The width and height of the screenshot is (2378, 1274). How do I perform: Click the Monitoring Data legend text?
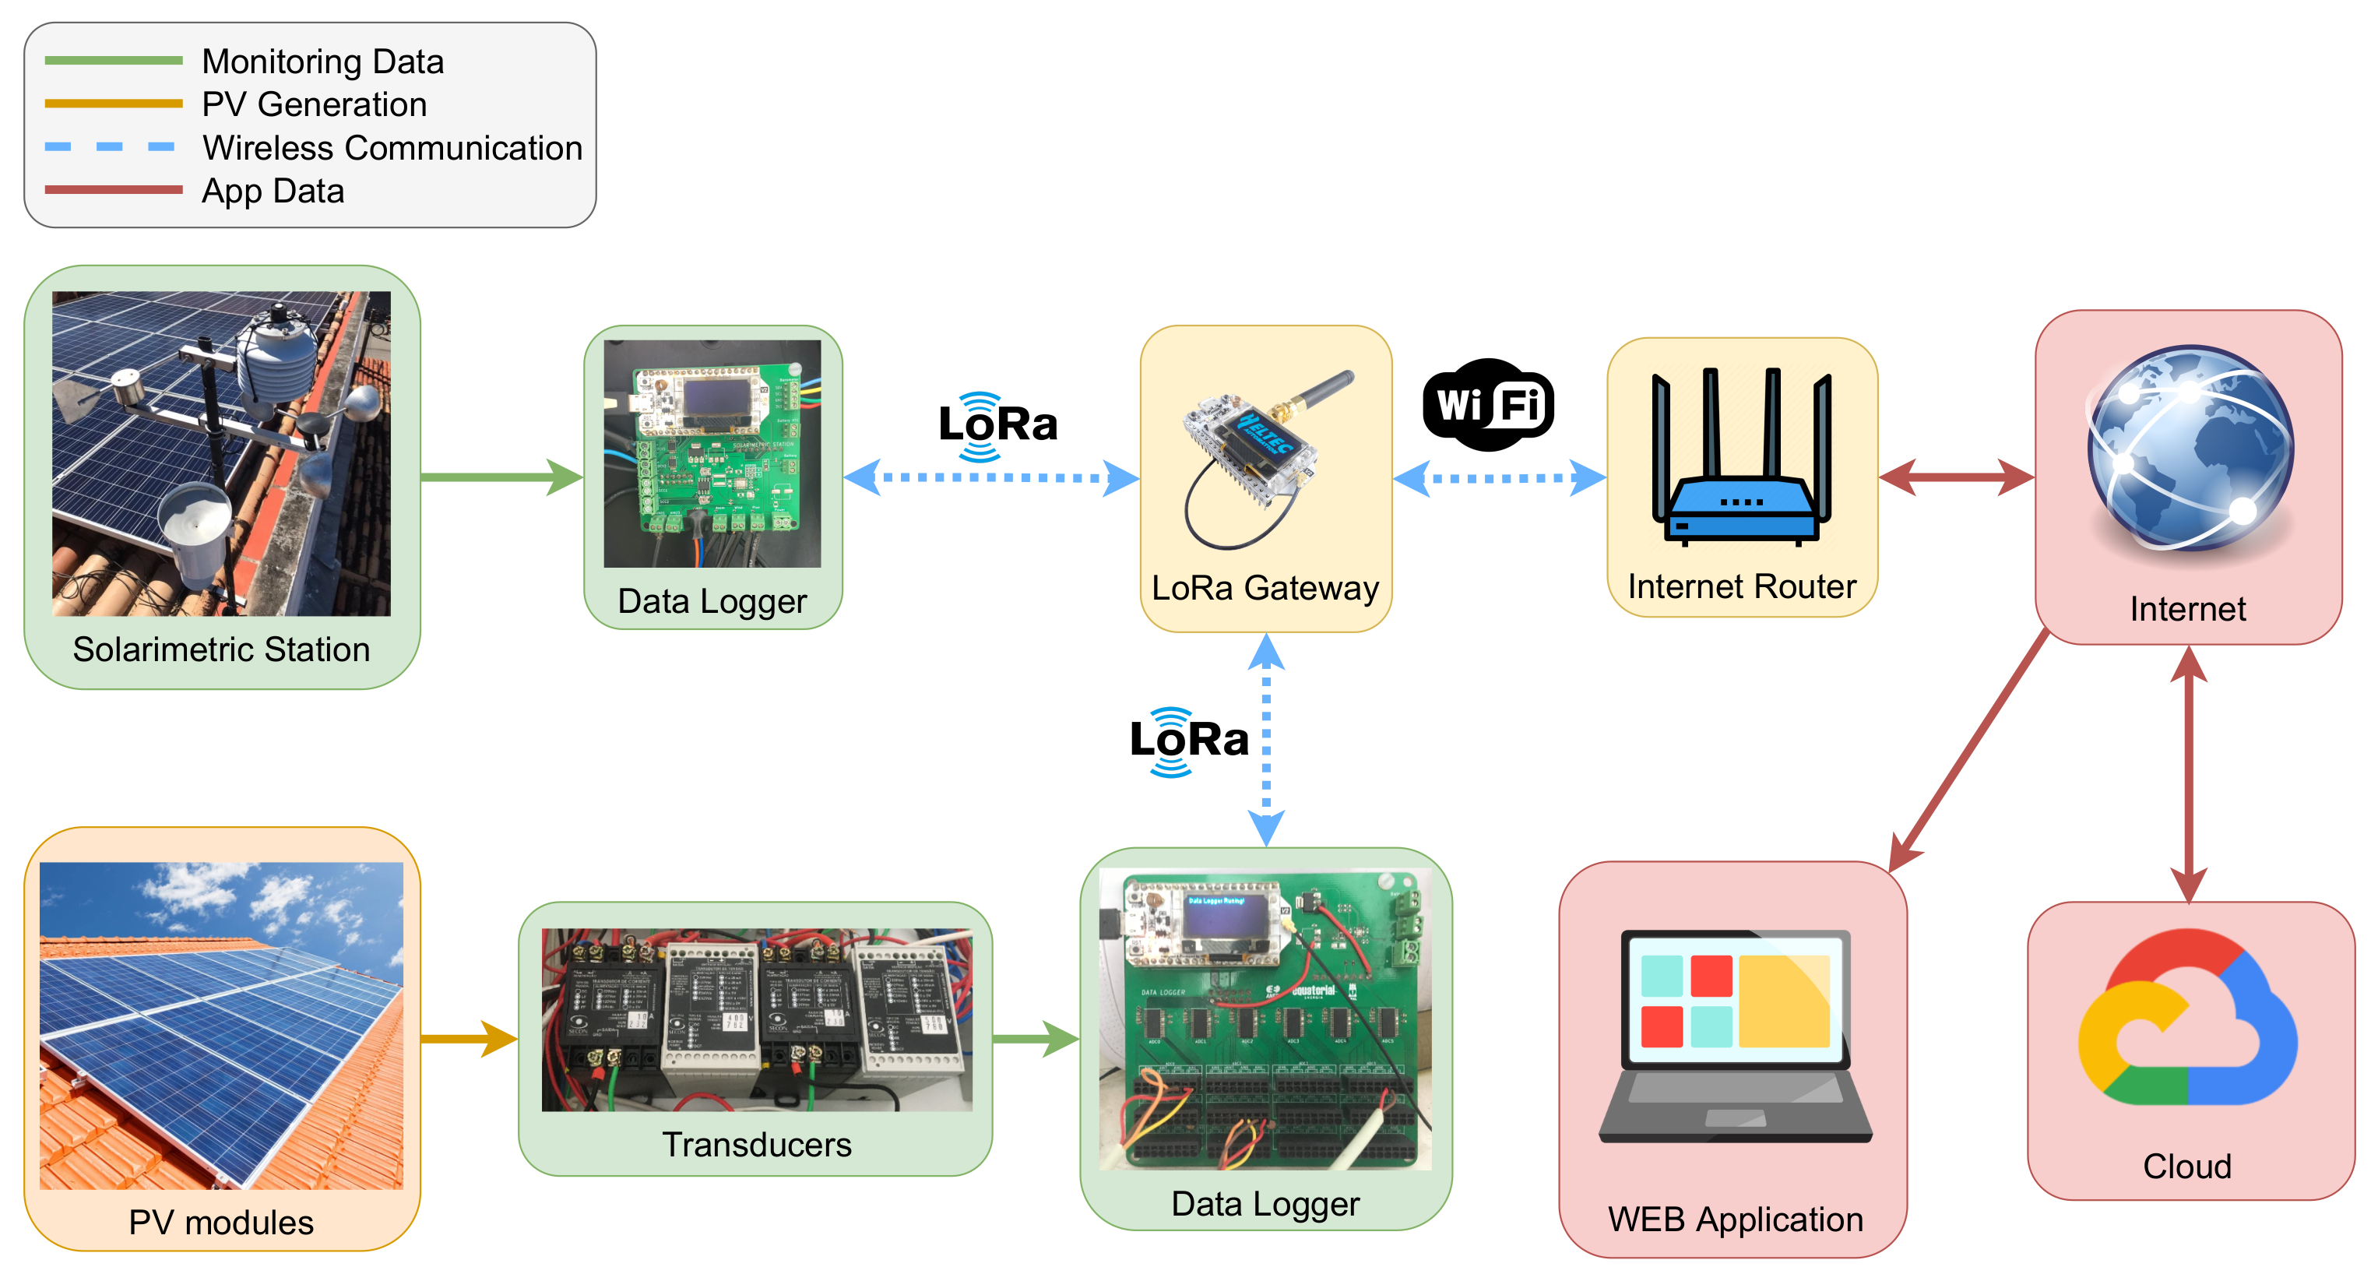click(x=322, y=62)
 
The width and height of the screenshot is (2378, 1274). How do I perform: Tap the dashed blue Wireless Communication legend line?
click(x=111, y=146)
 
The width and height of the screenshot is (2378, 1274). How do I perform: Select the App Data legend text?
click(x=273, y=191)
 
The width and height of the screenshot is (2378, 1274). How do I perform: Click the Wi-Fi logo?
click(x=1488, y=404)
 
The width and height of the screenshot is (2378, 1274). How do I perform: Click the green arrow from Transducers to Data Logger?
click(x=1035, y=1039)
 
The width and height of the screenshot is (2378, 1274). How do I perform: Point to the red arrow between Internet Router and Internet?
click(x=1956, y=477)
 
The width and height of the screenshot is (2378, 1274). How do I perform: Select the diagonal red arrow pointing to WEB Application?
click(x=1966, y=752)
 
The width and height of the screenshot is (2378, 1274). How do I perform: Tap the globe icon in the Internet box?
click(x=2190, y=449)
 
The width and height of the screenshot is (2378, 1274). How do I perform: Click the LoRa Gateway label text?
click(x=1265, y=587)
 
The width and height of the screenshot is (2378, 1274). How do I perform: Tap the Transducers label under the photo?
click(x=756, y=1144)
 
